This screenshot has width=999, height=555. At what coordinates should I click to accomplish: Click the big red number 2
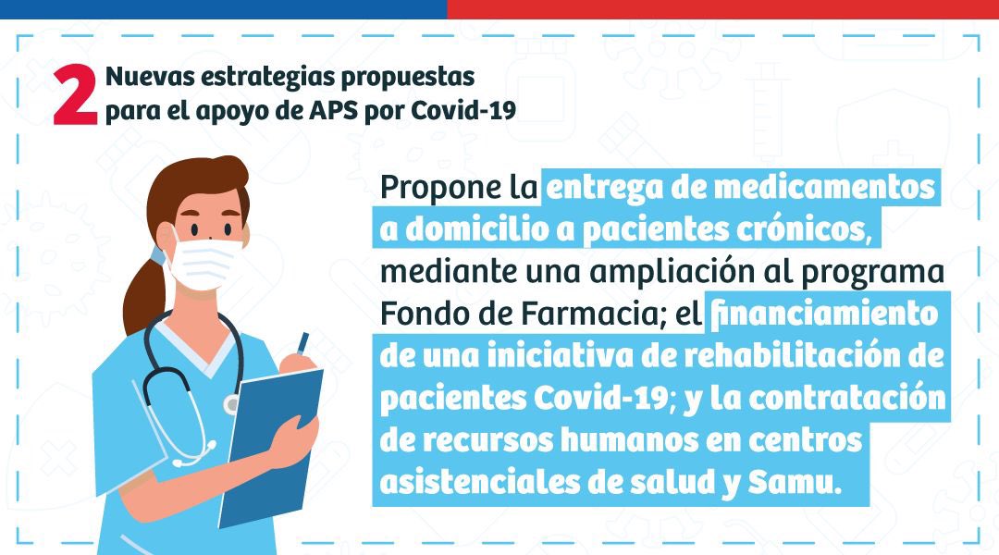pyautogui.click(x=75, y=94)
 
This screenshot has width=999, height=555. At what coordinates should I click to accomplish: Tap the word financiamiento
pyautogui.click(x=822, y=314)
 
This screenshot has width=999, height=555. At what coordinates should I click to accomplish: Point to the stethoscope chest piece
pyautogui.click(x=231, y=404)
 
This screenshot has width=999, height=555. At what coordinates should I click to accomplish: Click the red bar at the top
pyautogui.click(x=722, y=9)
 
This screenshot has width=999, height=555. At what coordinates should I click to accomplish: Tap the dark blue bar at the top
pyautogui.click(x=223, y=9)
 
